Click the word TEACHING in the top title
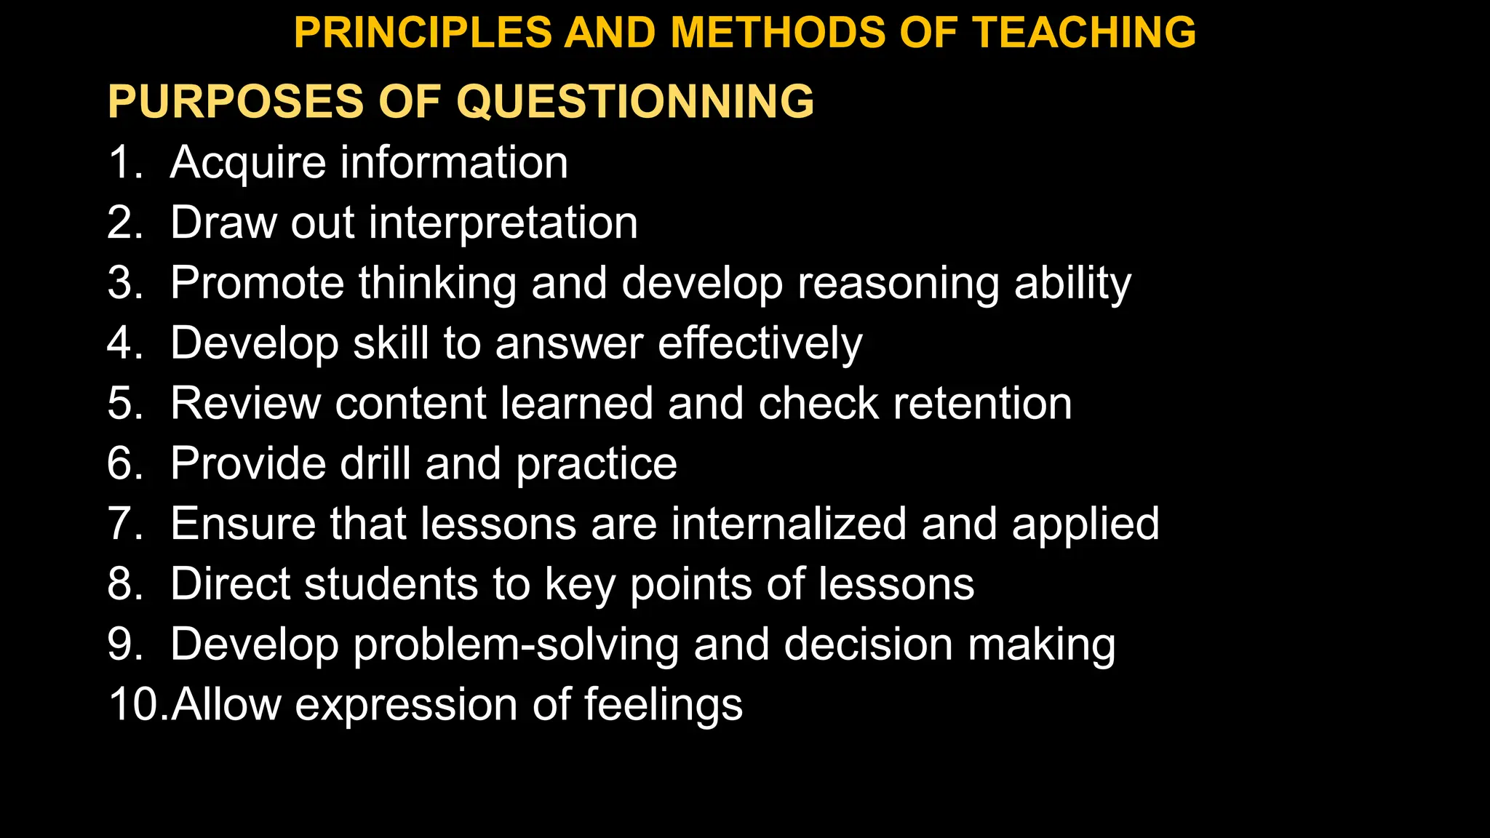click(x=1085, y=33)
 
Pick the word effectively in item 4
click(x=760, y=343)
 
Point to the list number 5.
click(x=124, y=403)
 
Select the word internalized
click(x=789, y=524)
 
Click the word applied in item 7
click(x=1085, y=525)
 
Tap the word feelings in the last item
click(x=663, y=706)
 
